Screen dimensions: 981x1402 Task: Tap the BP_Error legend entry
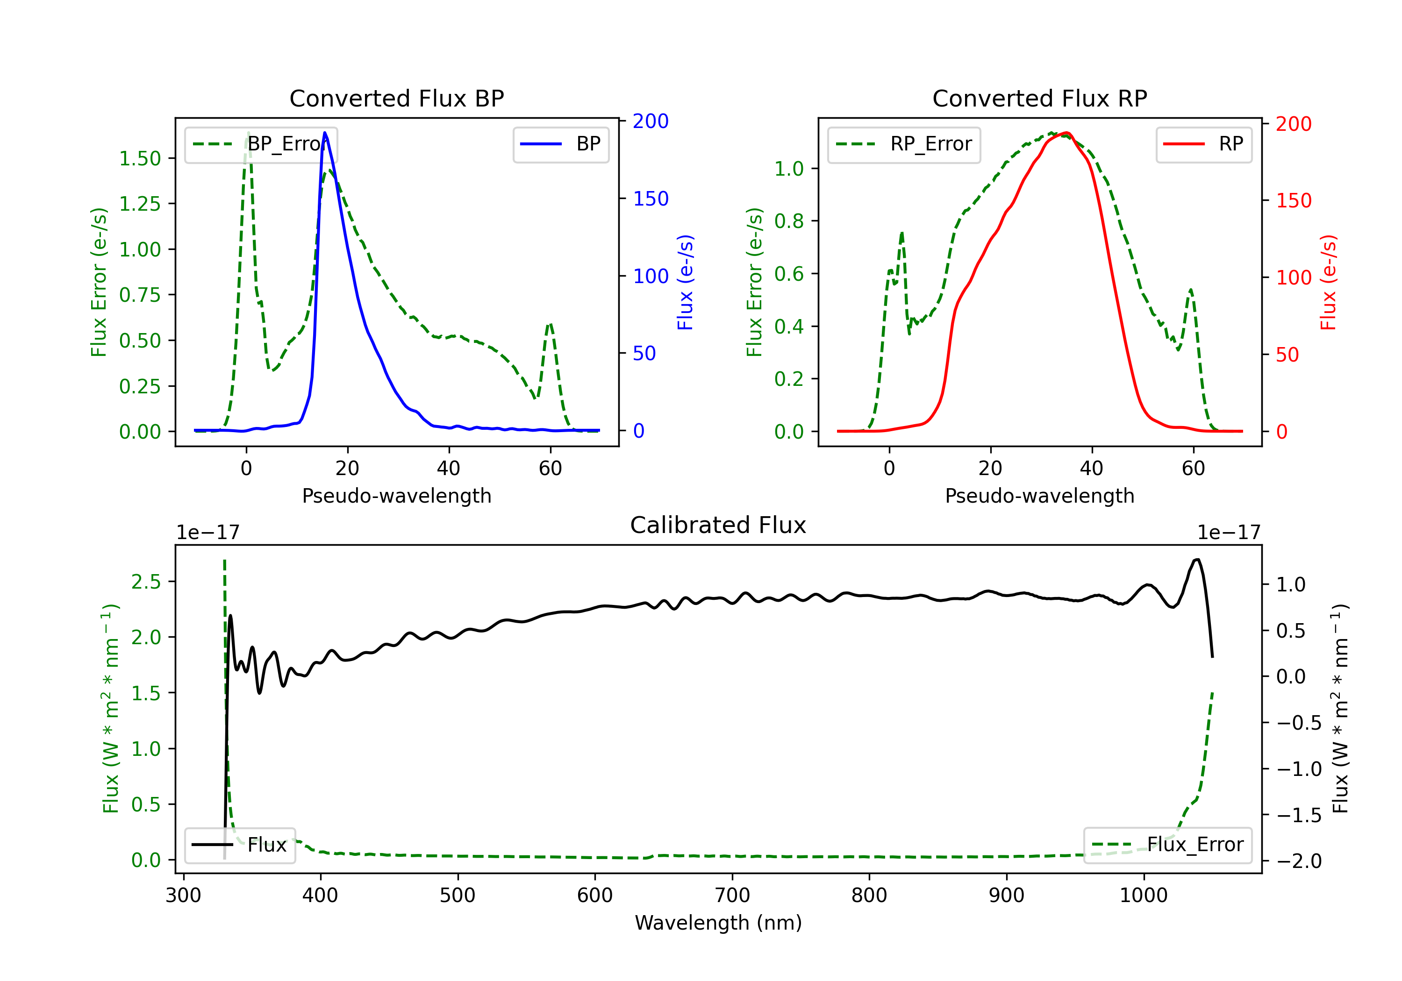point(261,145)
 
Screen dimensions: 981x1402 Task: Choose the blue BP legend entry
point(560,145)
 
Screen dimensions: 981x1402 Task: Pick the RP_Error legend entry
point(904,145)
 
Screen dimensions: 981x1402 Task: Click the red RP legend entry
point(1203,145)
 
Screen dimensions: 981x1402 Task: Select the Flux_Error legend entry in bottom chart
point(1167,845)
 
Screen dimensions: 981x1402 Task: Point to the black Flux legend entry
point(240,845)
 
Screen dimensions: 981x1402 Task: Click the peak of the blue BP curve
point(325,133)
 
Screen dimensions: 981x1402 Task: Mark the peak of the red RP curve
point(1066,133)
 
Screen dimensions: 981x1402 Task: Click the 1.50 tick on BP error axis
point(140,159)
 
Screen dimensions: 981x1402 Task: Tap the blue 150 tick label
point(651,199)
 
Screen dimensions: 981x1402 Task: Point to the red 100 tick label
point(1293,278)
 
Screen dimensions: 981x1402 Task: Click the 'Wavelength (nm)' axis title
point(718,923)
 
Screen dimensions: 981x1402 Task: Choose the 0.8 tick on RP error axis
point(789,221)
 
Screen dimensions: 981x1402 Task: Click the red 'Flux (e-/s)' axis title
point(1329,283)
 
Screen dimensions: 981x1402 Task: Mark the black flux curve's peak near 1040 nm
point(1197,559)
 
